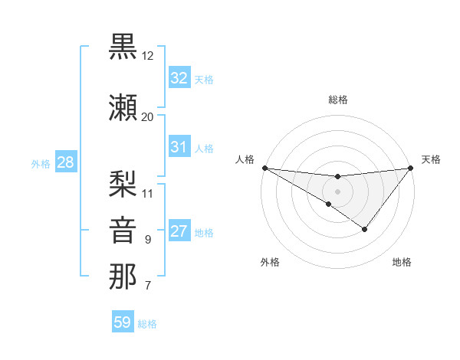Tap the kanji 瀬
(123, 106)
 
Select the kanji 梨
(123, 182)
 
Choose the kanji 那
(123, 276)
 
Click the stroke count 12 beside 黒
(148, 57)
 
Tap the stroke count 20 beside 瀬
(148, 116)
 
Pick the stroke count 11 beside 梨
(148, 192)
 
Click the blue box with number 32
(179, 78)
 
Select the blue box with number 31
(179, 147)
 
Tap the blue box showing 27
(179, 232)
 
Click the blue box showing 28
(65, 163)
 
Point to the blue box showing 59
(123, 322)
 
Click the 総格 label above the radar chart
(337, 100)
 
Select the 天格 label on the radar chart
(431, 159)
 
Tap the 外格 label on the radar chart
(270, 262)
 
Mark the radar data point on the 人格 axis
(264, 168)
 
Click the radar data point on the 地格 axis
(365, 229)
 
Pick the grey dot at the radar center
(337, 191)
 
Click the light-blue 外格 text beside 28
(41, 164)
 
